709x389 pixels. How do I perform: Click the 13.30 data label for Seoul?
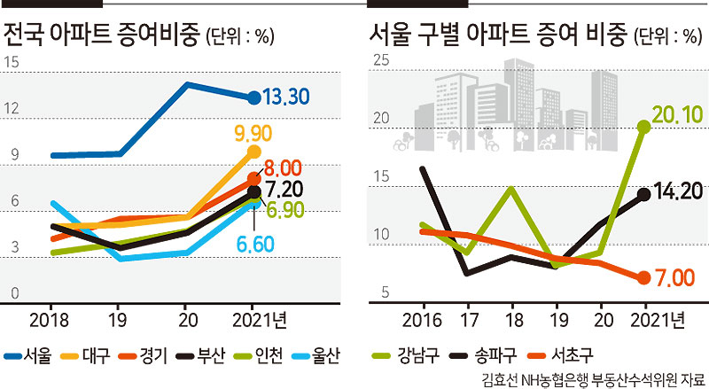[285, 97]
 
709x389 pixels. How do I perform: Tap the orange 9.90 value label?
[253, 134]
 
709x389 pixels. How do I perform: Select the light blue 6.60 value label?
[255, 245]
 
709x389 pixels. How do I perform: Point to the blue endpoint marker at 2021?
[254, 97]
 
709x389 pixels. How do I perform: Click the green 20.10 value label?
[677, 115]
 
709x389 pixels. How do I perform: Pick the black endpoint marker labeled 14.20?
[644, 195]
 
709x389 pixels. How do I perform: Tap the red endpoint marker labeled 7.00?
[644, 277]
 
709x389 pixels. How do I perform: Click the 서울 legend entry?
[28, 355]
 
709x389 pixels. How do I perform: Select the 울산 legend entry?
[316, 355]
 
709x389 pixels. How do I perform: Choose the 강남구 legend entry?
[406, 355]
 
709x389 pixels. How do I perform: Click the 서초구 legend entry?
[561, 355]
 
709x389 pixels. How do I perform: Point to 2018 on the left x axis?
[49, 320]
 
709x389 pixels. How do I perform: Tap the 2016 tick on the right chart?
[422, 320]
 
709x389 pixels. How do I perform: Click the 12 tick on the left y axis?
[12, 108]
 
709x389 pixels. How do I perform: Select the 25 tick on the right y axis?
[381, 59]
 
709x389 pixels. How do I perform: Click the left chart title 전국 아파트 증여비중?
[101, 35]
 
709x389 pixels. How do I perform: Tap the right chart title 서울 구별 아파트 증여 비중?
[498, 35]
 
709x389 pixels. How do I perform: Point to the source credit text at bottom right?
[593, 379]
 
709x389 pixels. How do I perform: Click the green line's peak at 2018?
[511, 188]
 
